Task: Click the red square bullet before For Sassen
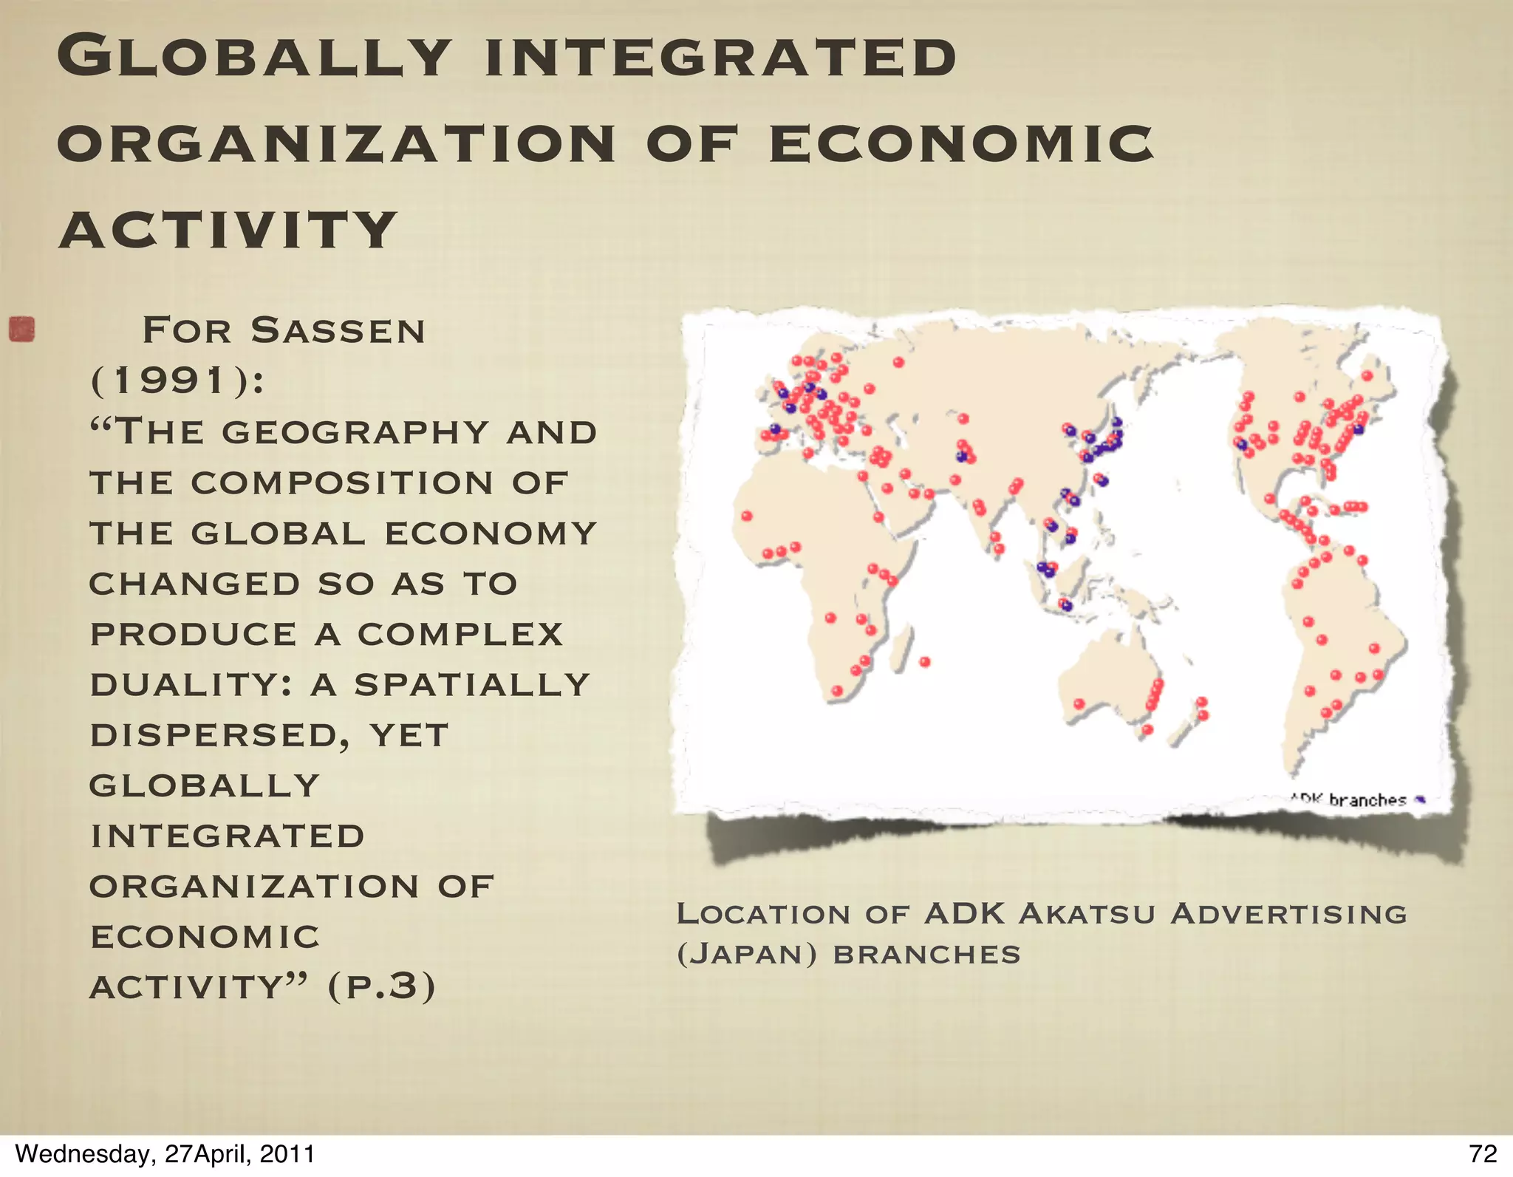[22, 330]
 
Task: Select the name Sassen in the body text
[338, 330]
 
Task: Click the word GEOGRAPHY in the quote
[355, 432]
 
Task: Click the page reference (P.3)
[381, 987]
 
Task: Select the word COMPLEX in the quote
[460, 635]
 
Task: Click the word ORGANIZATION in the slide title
[336, 143]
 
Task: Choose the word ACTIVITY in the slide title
[228, 230]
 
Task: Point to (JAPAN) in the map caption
[747, 954]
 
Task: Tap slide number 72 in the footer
[1483, 1154]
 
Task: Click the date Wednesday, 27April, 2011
[165, 1154]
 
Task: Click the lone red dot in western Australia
[1079, 704]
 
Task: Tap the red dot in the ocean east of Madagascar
[925, 662]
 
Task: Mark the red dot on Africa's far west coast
[747, 516]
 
